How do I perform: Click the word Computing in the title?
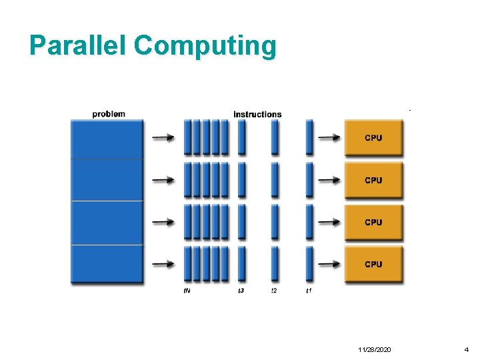tap(205, 47)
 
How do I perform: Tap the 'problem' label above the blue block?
tap(109, 114)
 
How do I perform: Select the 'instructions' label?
tap(257, 114)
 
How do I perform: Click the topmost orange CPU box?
tap(373, 138)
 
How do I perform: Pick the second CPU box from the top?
tap(373, 180)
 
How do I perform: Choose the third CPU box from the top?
tap(373, 222)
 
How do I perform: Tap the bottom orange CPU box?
tap(373, 264)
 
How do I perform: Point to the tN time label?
tap(187, 291)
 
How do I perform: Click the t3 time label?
tap(241, 291)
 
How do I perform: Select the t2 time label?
tap(274, 291)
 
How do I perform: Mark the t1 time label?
tap(309, 291)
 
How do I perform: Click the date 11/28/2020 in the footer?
tap(375, 349)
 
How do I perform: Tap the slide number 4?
tap(467, 349)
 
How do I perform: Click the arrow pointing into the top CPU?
tap(329, 138)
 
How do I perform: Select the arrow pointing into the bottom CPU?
tap(329, 264)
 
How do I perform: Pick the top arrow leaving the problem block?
tap(163, 138)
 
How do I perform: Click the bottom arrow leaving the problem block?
tap(163, 264)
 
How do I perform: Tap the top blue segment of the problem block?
tap(107, 139)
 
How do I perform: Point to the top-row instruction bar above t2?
tap(275, 137)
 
